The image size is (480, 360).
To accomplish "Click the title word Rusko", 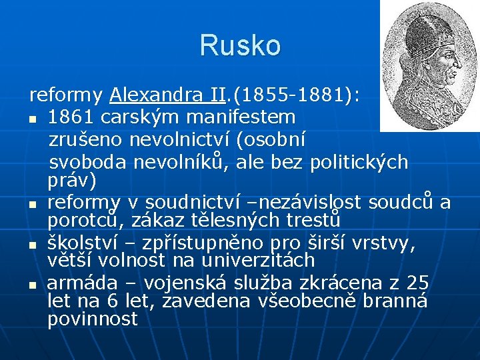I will [240, 45].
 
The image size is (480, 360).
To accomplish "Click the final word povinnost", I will [92, 319].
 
